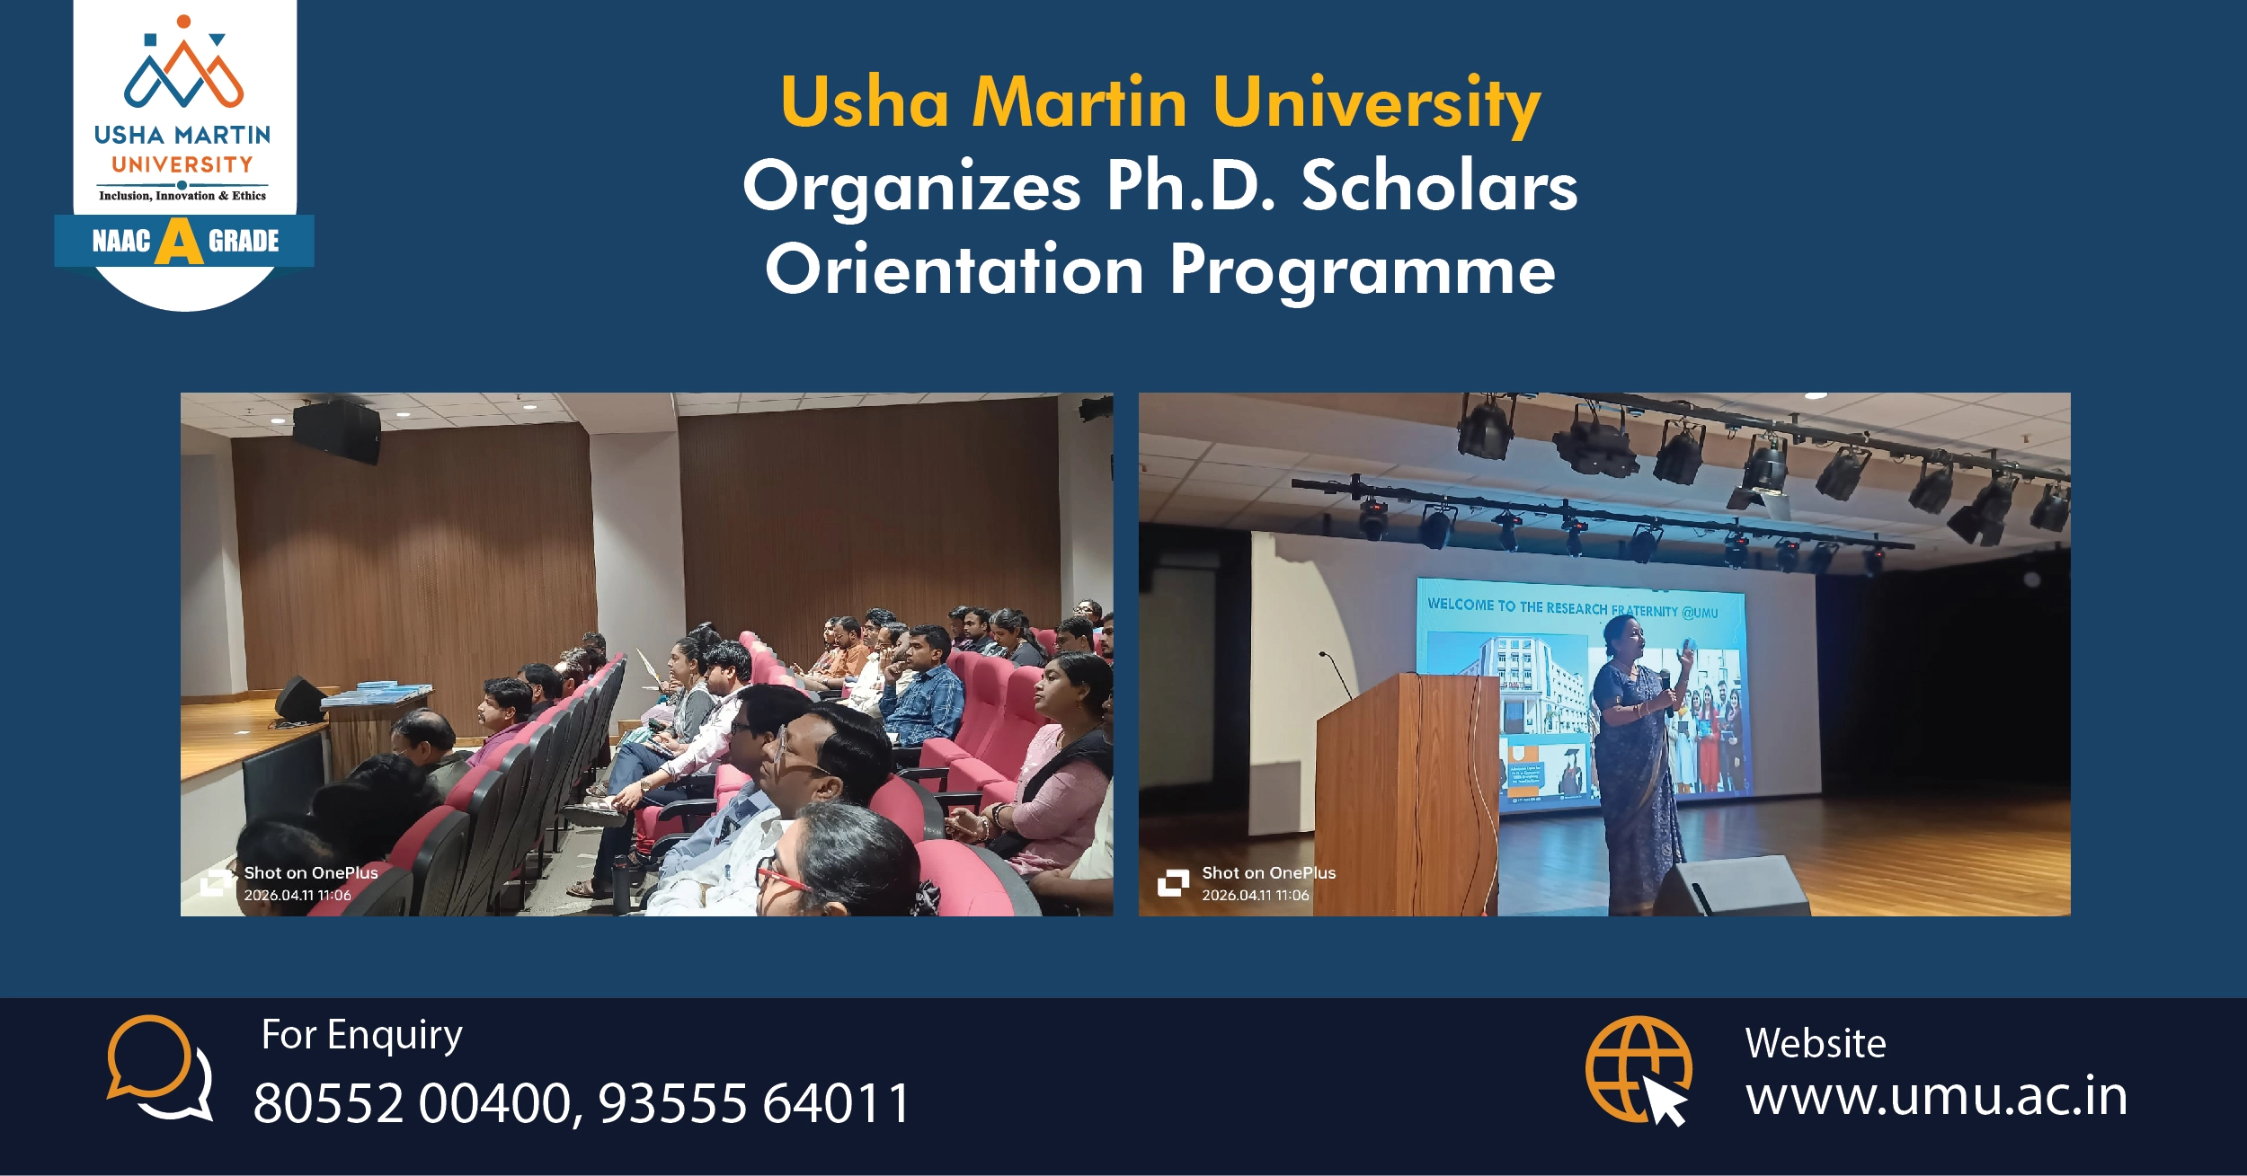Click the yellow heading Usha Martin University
(x=1159, y=103)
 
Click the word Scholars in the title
(x=1439, y=187)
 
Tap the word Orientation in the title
(x=955, y=270)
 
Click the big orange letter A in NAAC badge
(x=179, y=242)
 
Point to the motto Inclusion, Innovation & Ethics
(x=182, y=196)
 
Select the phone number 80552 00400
(x=413, y=1103)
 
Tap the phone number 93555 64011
(x=754, y=1103)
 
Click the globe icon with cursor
(x=1639, y=1069)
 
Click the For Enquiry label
(x=361, y=1035)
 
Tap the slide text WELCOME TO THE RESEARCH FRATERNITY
(x=1572, y=608)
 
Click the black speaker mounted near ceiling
(x=335, y=431)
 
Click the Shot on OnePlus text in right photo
(x=1268, y=872)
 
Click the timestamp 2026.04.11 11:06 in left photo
(x=298, y=895)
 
